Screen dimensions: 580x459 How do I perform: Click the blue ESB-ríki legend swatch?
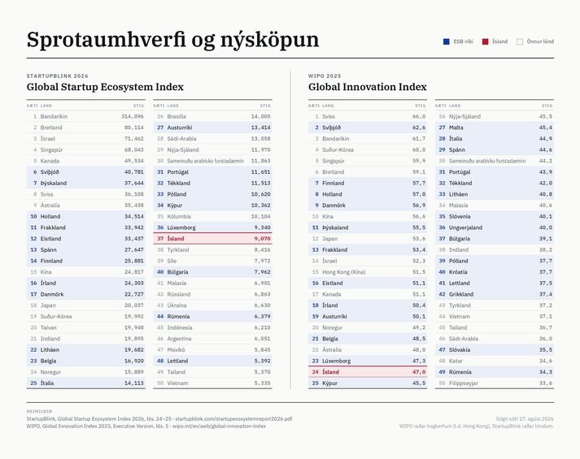(446, 41)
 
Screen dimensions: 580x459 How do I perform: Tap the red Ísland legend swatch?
(485, 41)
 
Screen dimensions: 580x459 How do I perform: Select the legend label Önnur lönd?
(540, 41)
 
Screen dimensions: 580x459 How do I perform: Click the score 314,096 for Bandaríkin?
(133, 116)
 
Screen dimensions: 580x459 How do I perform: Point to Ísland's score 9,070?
(262, 239)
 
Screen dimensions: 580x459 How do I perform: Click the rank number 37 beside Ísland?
(160, 239)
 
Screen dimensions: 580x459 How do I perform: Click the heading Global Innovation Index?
(368, 87)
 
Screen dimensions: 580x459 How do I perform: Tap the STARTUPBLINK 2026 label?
(57, 76)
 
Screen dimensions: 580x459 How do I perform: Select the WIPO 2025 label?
(325, 76)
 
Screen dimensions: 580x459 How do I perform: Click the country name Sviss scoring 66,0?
(329, 116)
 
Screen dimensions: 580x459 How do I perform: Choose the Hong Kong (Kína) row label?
(343, 272)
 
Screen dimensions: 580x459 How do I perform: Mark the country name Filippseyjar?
(464, 383)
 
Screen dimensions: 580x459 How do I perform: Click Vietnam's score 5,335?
(262, 383)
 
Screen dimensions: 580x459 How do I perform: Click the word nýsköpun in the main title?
(269, 40)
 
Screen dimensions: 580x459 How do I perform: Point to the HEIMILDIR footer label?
(39, 411)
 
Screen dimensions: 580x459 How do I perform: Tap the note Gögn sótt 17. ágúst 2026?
(525, 418)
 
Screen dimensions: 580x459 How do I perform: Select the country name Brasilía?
(177, 116)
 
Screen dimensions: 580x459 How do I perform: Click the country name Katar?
(456, 361)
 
